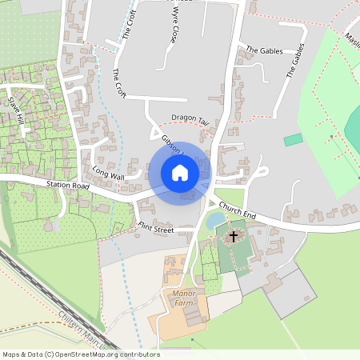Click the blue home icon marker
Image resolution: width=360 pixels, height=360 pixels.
[180, 173]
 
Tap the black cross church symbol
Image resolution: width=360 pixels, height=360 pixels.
[234, 236]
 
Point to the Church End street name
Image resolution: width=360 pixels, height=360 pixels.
[237, 212]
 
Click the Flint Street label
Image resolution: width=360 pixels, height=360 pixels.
[155, 229]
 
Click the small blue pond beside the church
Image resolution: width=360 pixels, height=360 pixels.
[214, 221]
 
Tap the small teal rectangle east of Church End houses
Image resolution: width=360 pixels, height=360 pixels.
[294, 140]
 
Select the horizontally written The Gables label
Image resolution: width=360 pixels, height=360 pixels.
[263, 50]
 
